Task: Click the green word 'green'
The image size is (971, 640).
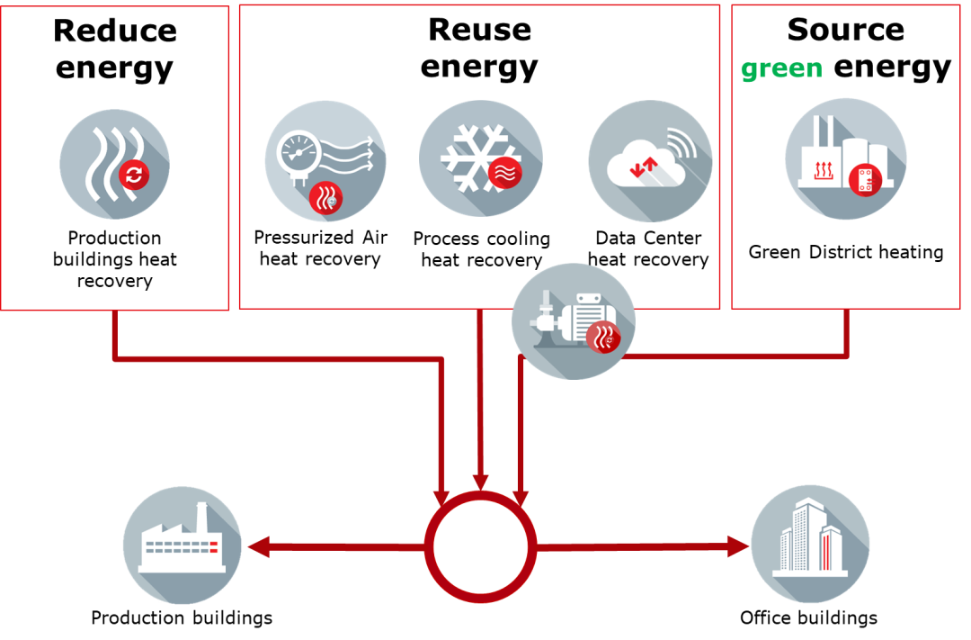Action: point(780,70)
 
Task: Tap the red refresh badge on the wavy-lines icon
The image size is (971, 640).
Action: point(133,175)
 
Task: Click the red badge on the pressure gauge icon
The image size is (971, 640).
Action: point(325,198)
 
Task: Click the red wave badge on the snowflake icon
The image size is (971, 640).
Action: point(504,173)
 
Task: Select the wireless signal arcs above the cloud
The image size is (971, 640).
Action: point(681,143)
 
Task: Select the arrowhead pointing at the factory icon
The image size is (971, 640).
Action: point(257,546)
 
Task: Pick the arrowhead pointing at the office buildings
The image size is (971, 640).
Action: point(739,546)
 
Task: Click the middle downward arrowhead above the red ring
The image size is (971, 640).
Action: point(481,482)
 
